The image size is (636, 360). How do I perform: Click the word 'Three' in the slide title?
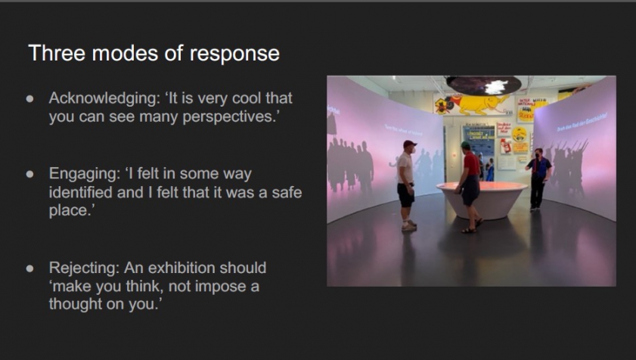(57, 53)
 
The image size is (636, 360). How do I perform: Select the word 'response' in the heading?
(234, 54)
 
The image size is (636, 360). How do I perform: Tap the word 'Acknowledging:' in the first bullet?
(104, 98)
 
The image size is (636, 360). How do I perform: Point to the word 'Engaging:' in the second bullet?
(85, 174)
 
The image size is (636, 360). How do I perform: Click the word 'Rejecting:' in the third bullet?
(85, 268)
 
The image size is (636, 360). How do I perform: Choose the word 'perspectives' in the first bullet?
(229, 118)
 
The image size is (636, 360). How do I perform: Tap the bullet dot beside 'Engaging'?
(30, 175)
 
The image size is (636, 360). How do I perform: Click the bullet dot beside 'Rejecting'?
(30, 268)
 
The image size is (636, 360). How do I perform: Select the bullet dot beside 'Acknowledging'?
(30, 98)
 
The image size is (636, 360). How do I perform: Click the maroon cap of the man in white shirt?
(409, 144)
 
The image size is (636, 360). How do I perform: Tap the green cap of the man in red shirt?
(465, 145)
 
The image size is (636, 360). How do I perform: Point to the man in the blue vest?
(538, 178)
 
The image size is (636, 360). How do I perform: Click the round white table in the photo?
(482, 199)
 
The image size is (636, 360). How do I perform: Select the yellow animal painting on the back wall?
(472, 104)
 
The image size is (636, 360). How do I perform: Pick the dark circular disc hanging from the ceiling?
(483, 85)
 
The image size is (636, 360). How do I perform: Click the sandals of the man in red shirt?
(472, 227)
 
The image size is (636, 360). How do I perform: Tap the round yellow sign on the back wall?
(520, 135)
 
